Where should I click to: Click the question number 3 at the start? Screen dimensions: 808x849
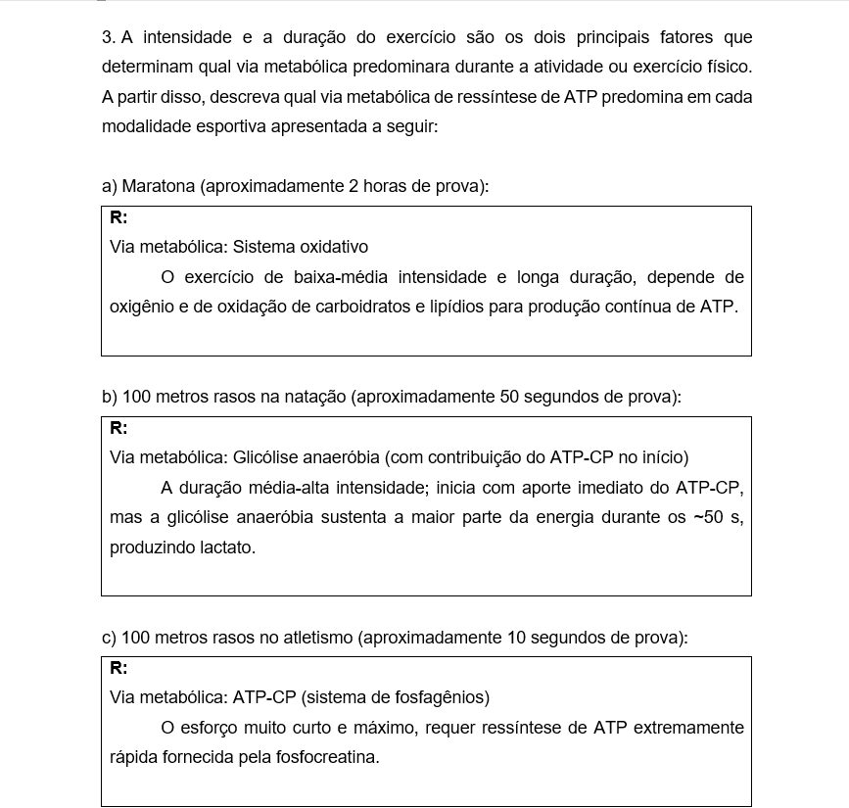click(108, 38)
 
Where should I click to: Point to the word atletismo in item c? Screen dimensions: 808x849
click(316, 638)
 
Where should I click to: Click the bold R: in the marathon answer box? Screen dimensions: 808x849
click(118, 217)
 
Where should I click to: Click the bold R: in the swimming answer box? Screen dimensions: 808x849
click(118, 428)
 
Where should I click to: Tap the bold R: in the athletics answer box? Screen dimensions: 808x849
click(118, 668)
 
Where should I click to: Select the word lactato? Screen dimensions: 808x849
click(225, 547)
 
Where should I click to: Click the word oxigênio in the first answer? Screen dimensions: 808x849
click(140, 307)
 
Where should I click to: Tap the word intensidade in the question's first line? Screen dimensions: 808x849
click(188, 38)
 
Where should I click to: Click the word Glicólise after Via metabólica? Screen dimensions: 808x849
click(263, 457)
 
